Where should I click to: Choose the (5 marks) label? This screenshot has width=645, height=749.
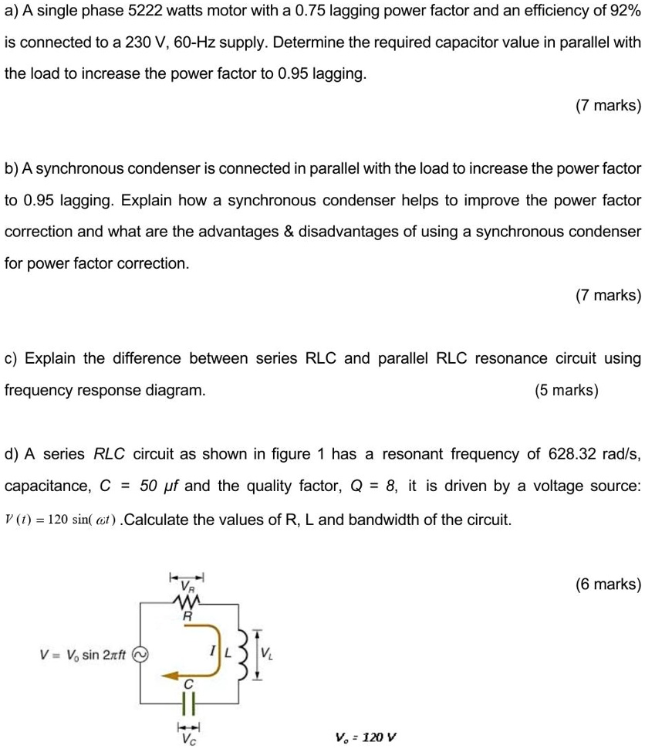tap(566, 391)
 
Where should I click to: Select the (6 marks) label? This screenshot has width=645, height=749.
tap(608, 585)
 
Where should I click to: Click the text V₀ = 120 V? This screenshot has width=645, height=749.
tap(366, 736)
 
